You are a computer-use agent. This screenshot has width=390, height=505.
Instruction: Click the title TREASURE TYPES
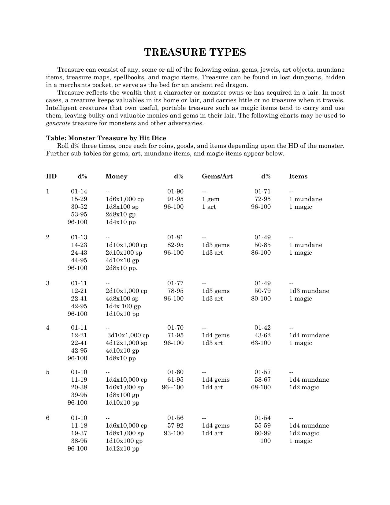click(195, 52)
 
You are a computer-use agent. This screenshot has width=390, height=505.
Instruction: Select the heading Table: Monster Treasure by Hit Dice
click(106, 138)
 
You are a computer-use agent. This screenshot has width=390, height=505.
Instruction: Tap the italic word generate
click(58, 123)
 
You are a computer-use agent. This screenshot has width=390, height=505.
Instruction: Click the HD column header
click(51, 177)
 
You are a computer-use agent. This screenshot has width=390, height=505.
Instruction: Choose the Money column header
click(116, 177)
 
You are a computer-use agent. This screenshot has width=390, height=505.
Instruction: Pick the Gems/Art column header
click(217, 177)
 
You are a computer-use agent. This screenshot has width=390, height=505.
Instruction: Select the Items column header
click(298, 177)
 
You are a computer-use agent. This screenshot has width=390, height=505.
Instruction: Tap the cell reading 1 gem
click(210, 199)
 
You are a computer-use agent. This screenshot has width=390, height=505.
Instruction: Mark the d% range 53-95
click(79, 215)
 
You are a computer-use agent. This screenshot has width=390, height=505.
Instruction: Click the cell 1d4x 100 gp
click(123, 306)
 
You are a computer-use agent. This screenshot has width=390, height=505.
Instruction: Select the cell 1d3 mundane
click(309, 291)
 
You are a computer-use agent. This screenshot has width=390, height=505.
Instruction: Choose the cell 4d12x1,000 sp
click(126, 343)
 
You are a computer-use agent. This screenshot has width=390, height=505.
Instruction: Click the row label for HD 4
click(48, 328)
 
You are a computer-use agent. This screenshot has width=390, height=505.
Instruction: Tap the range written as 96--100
click(173, 387)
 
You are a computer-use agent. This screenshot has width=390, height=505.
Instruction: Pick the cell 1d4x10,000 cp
click(126, 380)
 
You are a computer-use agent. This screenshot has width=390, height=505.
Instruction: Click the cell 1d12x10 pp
click(122, 449)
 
